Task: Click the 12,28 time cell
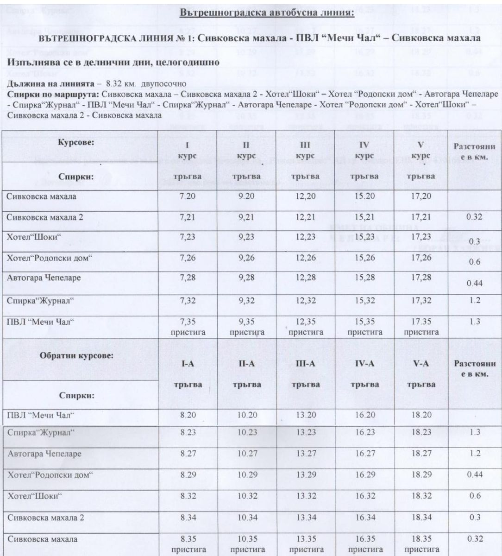[305, 277]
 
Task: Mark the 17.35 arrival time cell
[421, 322]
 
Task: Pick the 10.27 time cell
[246, 454]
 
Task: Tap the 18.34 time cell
[421, 518]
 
